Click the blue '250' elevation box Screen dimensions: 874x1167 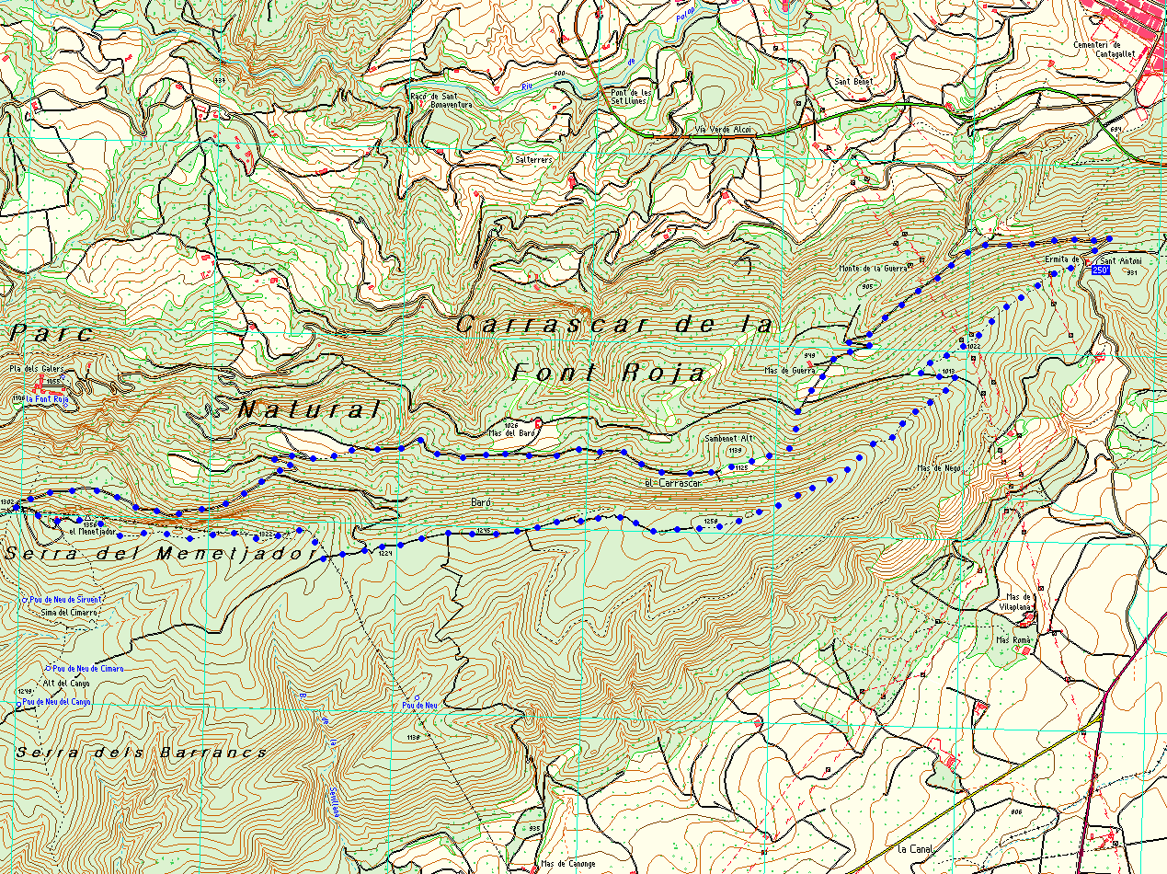[x=1100, y=271]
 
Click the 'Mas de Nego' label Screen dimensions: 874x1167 [x=938, y=468]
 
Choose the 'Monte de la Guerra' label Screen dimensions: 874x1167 [x=873, y=269]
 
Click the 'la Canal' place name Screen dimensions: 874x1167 [x=915, y=847]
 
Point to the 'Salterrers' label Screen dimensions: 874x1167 [x=533, y=159]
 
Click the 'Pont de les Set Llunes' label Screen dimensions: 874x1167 [x=631, y=96]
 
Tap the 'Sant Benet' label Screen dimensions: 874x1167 [x=852, y=81]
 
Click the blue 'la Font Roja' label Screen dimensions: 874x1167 [x=48, y=399]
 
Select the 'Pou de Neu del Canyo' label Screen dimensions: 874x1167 [x=57, y=702]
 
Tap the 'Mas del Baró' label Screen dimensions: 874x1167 [x=513, y=432]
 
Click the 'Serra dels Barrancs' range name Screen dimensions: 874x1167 [x=142, y=753]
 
